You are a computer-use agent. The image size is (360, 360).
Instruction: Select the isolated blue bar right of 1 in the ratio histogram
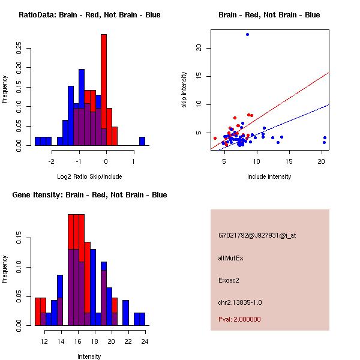click(142, 141)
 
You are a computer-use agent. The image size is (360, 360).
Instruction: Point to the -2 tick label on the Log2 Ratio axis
click(52, 161)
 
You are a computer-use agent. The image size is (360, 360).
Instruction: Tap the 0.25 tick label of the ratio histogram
click(20, 48)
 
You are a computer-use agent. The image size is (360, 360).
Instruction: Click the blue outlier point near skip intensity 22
click(247, 35)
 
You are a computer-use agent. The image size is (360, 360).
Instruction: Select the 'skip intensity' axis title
click(185, 90)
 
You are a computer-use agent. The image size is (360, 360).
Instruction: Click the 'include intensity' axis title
click(269, 176)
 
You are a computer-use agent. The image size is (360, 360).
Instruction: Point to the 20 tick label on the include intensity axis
click(322, 161)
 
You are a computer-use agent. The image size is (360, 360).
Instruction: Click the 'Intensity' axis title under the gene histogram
click(89, 356)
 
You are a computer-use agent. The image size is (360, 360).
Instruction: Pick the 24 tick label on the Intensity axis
click(145, 341)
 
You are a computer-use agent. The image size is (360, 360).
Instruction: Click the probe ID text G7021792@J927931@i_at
click(257, 235)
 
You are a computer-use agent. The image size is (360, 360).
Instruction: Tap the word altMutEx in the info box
click(231, 257)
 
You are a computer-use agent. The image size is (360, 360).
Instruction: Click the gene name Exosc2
click(229, 280)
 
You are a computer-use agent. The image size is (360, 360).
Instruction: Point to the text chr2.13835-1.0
click(240, 302)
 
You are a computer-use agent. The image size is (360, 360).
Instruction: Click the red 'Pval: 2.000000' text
click(239, 319)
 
